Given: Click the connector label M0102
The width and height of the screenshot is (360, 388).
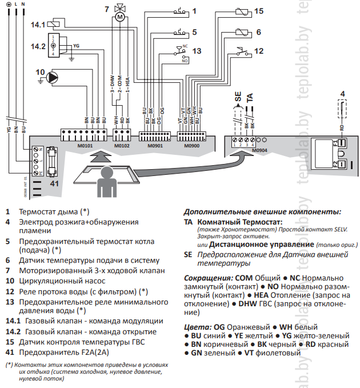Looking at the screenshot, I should [122, 145].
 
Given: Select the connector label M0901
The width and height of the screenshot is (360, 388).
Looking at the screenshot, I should [155, 145].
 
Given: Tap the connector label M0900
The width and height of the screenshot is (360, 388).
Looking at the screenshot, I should [192, 145].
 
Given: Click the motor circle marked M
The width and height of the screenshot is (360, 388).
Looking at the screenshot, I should [120, 18].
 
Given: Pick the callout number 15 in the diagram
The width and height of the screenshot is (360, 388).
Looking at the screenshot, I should [258, 11].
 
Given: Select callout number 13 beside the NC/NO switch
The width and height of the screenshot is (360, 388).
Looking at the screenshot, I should [196, 51].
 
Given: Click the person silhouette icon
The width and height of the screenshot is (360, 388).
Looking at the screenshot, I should [105, 182].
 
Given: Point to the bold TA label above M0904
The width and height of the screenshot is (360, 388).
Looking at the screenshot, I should [250, 98].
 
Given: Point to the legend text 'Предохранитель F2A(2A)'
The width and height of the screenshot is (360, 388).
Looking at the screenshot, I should [65, 352].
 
